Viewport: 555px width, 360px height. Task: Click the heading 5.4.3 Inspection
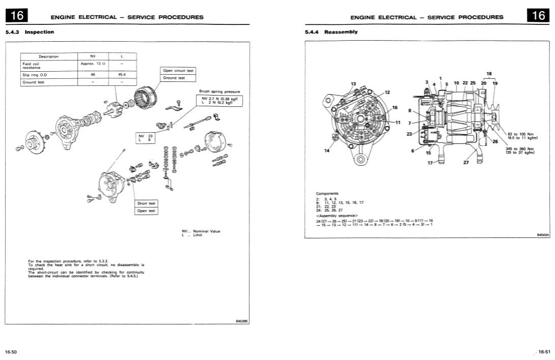coord(30,32)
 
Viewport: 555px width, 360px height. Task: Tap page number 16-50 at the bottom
coord(11,351)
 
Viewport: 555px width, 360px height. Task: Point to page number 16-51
coord(543,351)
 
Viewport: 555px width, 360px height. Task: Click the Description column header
coord(48,56)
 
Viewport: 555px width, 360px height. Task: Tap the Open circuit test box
coord(178,71)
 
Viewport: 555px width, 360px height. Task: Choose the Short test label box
coord(146,203)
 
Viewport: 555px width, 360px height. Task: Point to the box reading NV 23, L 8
coord(145,138)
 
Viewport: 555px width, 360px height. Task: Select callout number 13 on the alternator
coord(354,83)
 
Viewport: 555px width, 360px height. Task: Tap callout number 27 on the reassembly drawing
coord(465,163)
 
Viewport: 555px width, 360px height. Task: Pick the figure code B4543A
coord(543,235)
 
